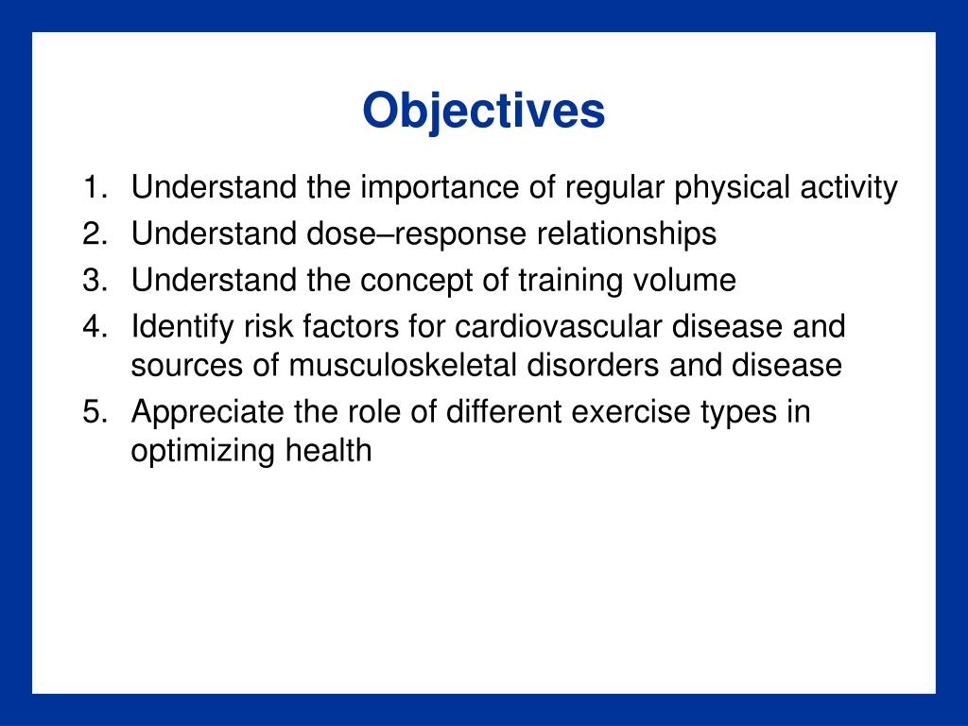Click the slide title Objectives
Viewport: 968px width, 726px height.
tap(483, 112)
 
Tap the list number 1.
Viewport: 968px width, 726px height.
tap(95, 187)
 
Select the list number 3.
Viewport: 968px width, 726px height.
tap(95, 280)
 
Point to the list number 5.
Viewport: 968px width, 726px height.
tap(95, 412)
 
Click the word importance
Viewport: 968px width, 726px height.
tap(441, 188)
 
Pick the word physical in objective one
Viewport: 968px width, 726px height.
tap(732, 188)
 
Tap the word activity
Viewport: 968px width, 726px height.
tap(849, 188)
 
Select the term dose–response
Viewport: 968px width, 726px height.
tap(417, 234)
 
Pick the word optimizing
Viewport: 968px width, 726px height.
tap(202, 452)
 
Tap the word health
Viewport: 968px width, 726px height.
tap(328, 451)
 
